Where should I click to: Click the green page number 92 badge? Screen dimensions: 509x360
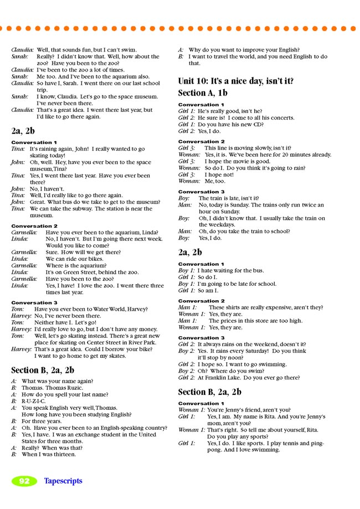(x=24, y=481)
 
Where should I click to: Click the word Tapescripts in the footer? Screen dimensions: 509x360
(x=63, y=481)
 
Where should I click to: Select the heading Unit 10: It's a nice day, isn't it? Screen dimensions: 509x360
(x=235, y=81)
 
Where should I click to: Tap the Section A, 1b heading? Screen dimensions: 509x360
(x=203, y=93)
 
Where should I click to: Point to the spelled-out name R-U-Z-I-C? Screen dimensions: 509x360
(x=34, y=400)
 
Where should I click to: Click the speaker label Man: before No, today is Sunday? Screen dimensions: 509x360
(x=185, y=205)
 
